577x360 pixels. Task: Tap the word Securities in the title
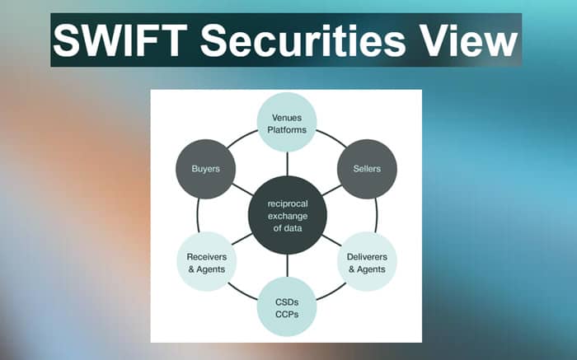tap(303, 40)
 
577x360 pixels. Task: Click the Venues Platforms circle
tap(287, 122)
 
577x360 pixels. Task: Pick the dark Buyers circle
tap(206, 169)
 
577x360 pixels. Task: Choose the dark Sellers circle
tap(367, 169)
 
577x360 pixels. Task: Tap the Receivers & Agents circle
tap(206, 261)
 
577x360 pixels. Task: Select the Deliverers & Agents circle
tap(368, 261)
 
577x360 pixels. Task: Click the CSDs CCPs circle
tap(287, 306)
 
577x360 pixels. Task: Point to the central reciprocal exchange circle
tap(288, 215)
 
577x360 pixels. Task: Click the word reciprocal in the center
tap(288, 203)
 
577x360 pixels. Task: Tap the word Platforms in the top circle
tap(287, 130)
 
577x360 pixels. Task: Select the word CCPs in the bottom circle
tap(287, 315)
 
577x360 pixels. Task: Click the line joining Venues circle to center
tap(287, 164)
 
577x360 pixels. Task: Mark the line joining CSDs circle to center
tap(287, 265)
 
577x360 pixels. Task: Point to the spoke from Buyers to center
tap(243, 189)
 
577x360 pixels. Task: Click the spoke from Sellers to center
tap(331, 189)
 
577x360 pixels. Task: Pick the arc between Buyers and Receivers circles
tap(198, 216)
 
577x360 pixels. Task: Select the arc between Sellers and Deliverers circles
tap(377, 216)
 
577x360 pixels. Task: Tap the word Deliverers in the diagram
tap(367, 257)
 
